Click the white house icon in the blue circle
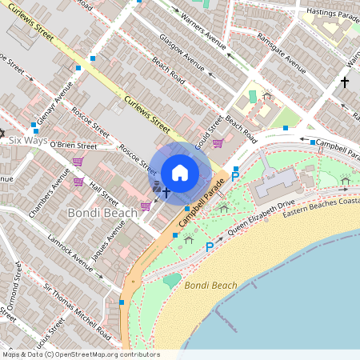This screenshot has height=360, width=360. (180, 173)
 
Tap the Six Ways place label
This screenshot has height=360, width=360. (28, 140)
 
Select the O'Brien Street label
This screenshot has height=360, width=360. (73, 146)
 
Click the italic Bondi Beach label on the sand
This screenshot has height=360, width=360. (210, 285)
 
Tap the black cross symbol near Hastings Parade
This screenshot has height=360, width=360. (345, 82)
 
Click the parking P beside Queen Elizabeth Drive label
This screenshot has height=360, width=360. (210, 247)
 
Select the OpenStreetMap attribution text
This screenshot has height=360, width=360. (80, 354)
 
